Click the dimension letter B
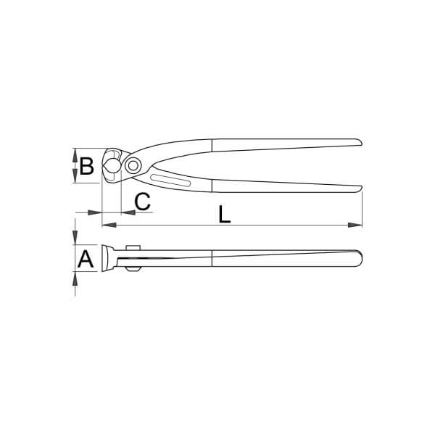point(86,166)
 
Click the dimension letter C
point(142,201)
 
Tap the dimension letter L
point(225,215)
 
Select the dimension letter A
point(86,259)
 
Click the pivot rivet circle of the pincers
point(133,165)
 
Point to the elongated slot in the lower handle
point(170,181)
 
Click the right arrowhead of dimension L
point(355,225)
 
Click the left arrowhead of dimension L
point(109,225)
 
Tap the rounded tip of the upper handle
point(359,142)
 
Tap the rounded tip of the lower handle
point(359,188)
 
